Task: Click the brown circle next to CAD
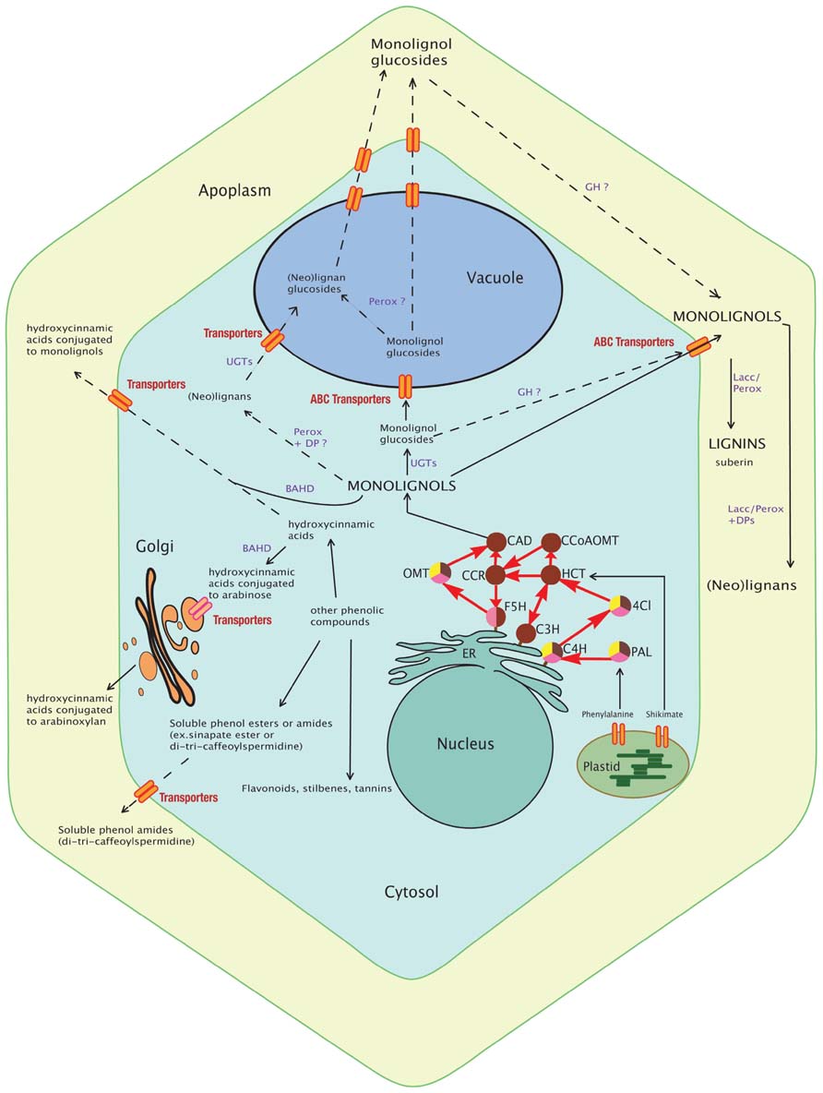click(x=495, y=540)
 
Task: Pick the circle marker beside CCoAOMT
click(x=551, y=540)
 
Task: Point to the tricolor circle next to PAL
click(x=618, y=650)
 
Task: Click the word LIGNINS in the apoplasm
click(x=733, y=444)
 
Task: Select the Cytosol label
click(x=411, y=892)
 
